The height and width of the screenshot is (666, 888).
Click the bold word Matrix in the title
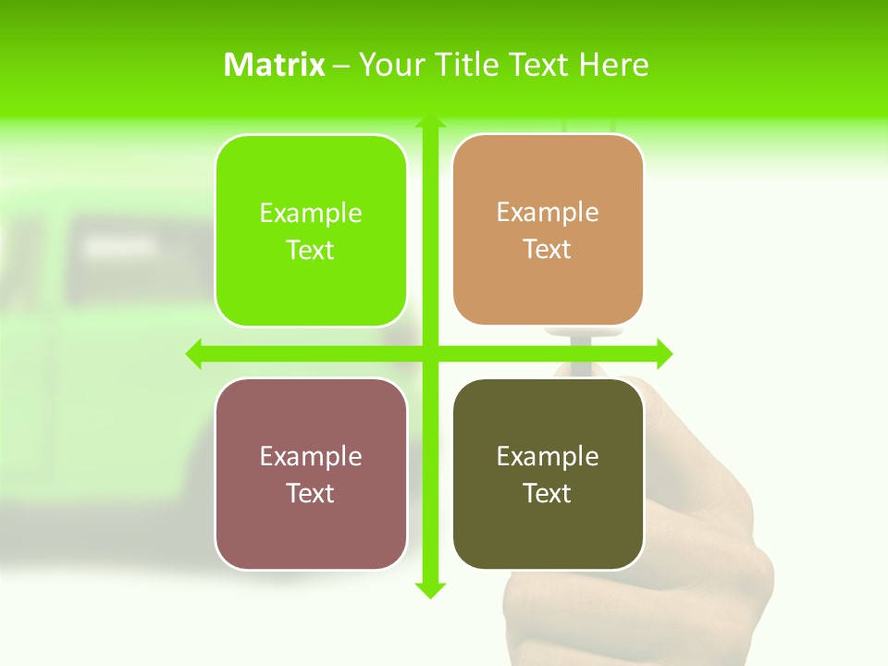[275, 65]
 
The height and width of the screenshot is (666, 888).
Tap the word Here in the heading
[613, 65]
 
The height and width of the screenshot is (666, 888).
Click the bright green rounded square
[311, 231]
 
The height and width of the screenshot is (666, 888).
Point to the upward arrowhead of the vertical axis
[430, 121]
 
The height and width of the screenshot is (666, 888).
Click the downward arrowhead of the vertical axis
[430, 590]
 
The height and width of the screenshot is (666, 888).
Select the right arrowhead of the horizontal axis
[664, 353]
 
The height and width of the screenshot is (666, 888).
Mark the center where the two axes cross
[430, 353]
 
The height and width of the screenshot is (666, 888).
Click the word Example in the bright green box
[311, 214]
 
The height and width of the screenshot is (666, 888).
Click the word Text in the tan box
[548, 250]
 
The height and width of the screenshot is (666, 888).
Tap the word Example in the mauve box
[311, 457]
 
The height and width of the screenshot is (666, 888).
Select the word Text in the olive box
[548, 494]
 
